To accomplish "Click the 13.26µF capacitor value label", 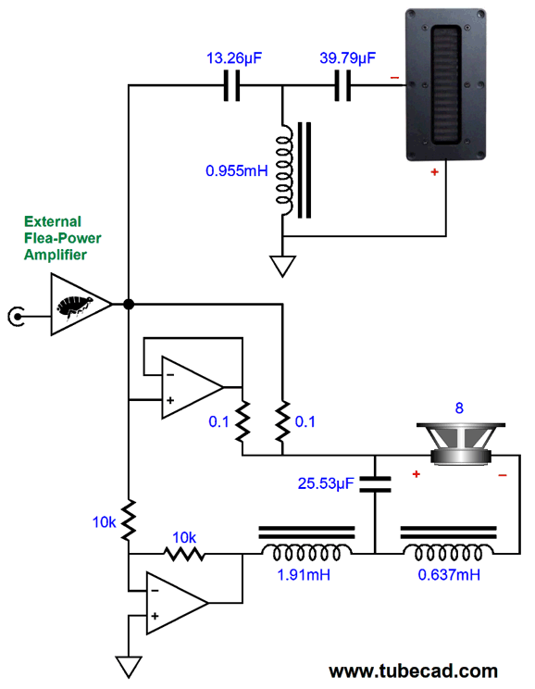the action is tap(234, 58).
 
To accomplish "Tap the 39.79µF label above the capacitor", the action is tap(347, 58).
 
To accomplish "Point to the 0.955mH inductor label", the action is tap(237, 170).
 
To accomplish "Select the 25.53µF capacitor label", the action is tap(326, 483).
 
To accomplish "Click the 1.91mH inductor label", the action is tap(304, 574).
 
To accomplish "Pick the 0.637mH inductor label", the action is tap(449, 574).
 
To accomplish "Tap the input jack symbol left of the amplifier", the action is tap(17, 316).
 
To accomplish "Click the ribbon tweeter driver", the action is tap(445, 84).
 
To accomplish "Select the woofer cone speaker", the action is tap(461, 444).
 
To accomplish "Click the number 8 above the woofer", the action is tap(459, 408).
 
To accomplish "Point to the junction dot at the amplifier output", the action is tap(129, 304).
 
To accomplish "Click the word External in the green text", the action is tap(53, 221).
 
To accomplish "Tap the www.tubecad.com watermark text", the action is tap(414, 671).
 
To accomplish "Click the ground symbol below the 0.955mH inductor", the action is tap(282, 267).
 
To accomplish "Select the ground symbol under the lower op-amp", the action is tap(129, 667).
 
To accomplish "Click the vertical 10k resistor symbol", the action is tap(129, 520).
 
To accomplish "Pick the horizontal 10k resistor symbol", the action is tap(184, 554).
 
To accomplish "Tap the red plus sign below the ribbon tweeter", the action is tap(434, 172).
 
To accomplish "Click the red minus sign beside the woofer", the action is tap(503, 475).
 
